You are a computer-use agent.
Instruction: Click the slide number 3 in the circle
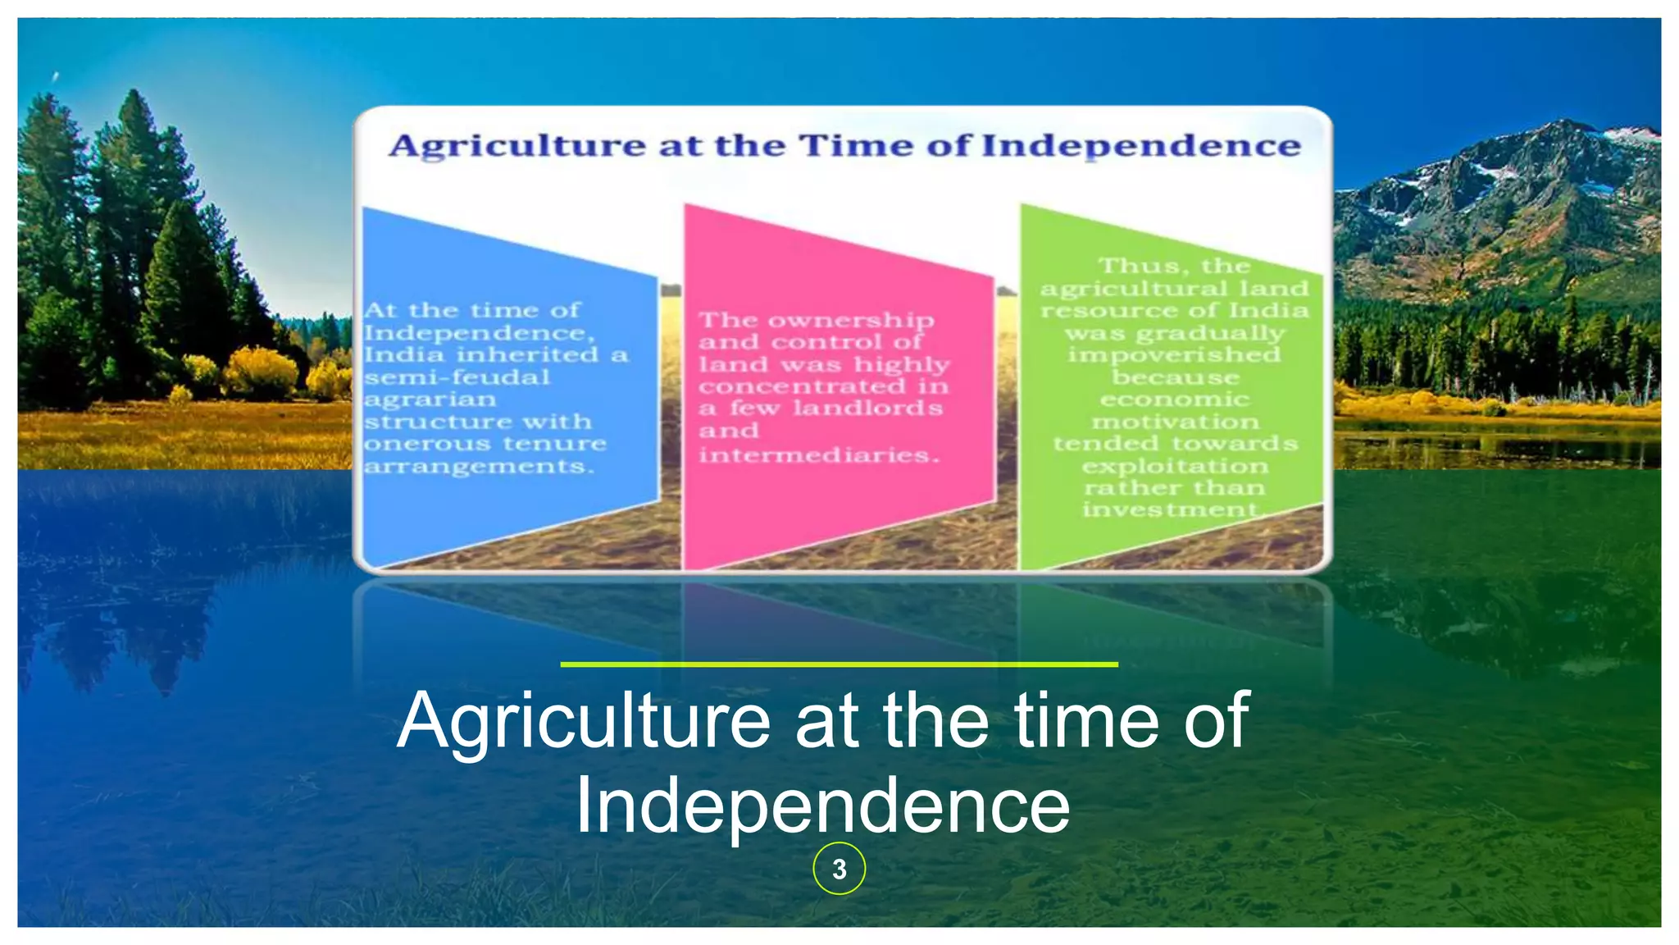pos(839,869)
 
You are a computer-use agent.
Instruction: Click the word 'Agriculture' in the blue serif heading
pos(517,146)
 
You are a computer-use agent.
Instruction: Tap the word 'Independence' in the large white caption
pos(822,806)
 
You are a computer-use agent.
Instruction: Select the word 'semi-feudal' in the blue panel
pos(457,378)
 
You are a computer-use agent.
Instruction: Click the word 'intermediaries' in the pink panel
pos(816,454)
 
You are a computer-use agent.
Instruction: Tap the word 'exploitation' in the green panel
pos(1174,467)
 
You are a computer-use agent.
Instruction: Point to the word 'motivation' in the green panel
pos(1174,422)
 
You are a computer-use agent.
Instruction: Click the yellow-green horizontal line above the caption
pos(839,664)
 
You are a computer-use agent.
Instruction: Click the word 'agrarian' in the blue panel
pos(430,400)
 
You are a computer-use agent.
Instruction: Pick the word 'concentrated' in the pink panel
pos(790,386)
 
